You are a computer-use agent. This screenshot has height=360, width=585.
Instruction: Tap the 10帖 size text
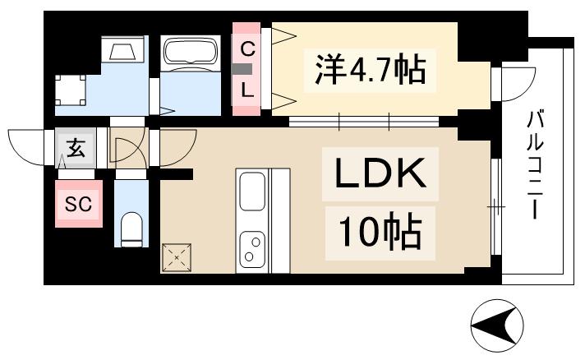click(377, 233)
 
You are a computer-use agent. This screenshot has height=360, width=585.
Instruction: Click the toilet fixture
click(131, 228)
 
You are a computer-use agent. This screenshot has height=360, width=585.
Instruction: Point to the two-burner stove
click(252, 248)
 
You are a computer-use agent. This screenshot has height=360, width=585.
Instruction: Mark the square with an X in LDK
click(176, 256)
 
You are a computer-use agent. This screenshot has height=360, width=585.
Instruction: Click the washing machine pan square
click(70, 89)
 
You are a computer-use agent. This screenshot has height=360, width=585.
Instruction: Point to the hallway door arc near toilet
click(125, 151)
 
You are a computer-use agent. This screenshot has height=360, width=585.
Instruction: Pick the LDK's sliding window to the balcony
click(495, 208)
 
